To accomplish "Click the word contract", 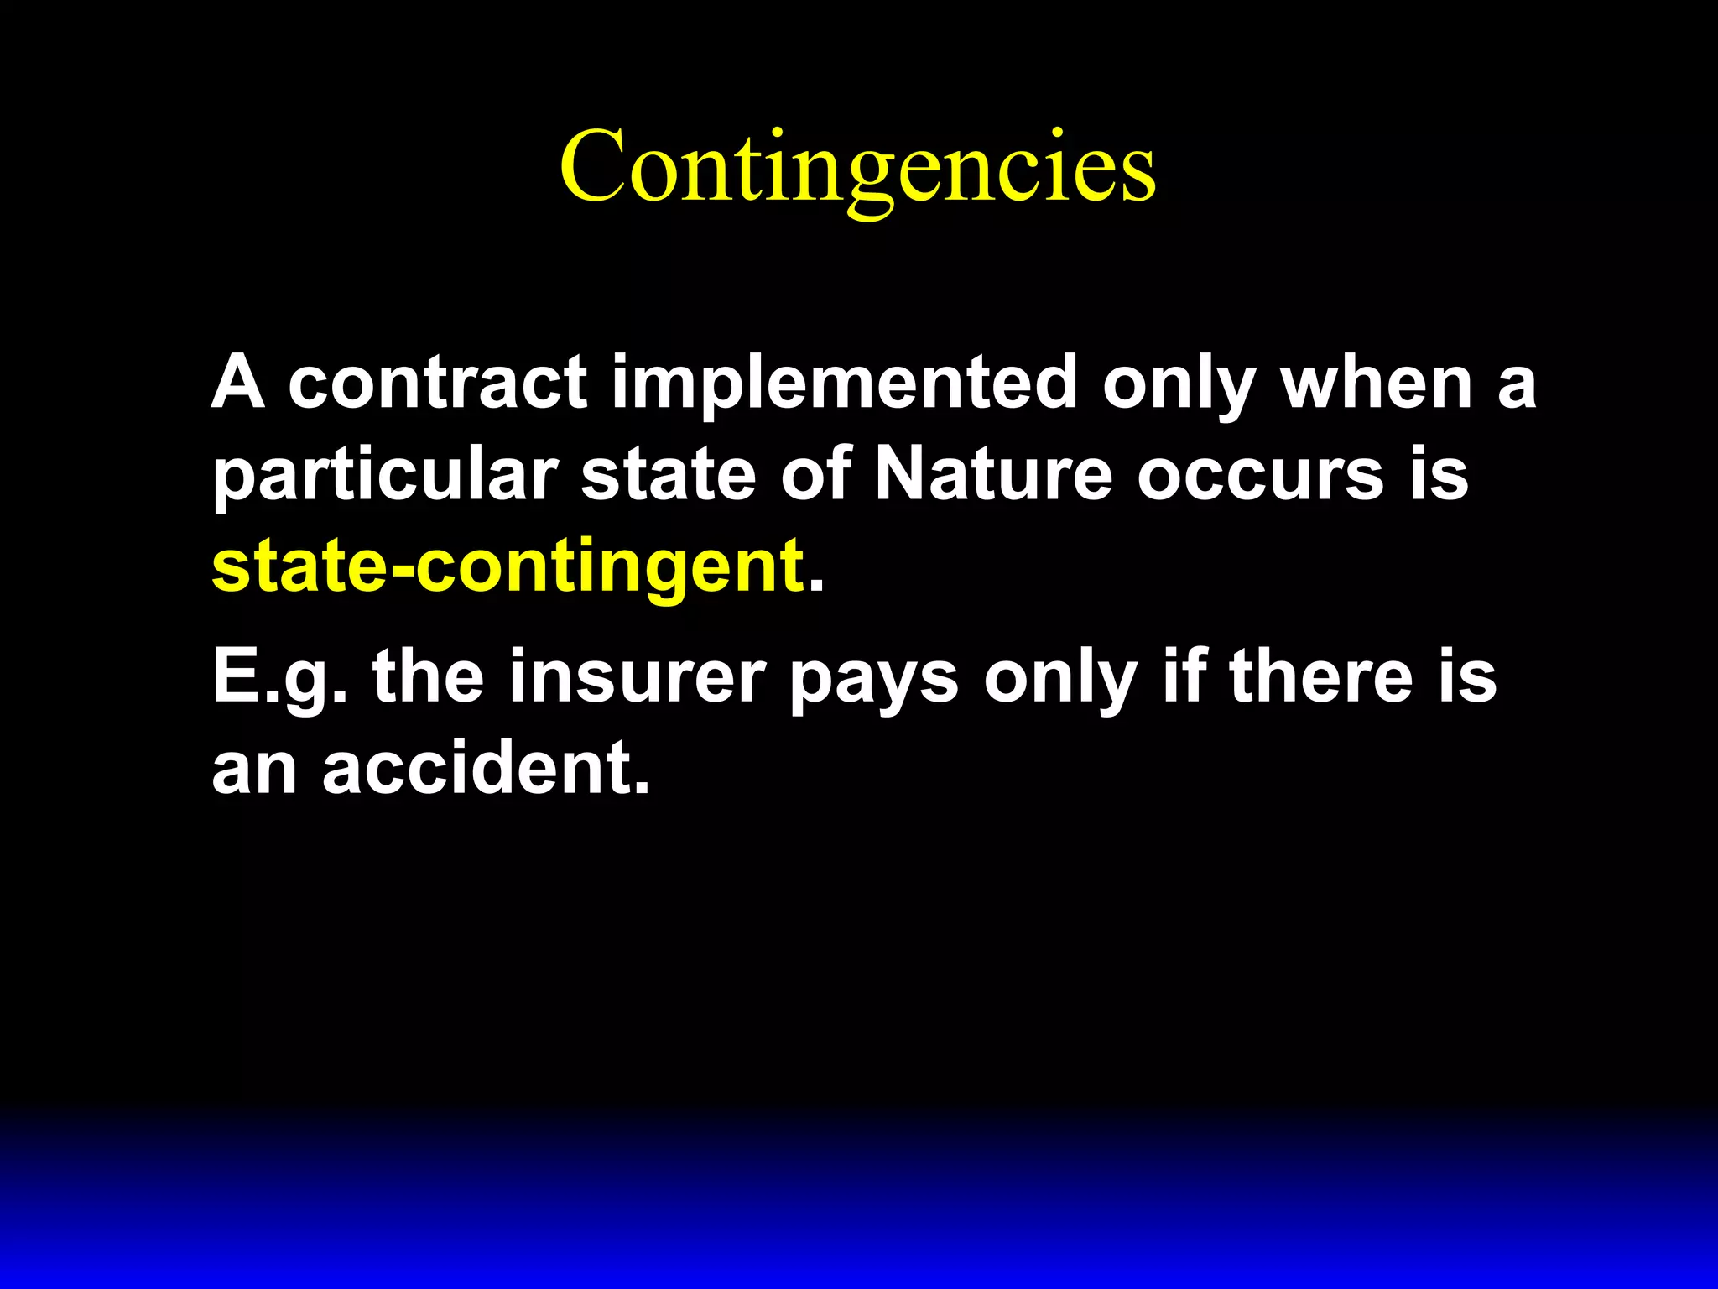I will [437, 383].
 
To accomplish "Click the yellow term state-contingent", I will [508, 567].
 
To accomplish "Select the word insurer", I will [638, 676].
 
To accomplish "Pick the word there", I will [1321, 676].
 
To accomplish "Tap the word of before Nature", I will [816, 475].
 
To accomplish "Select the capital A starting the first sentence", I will [238, 383].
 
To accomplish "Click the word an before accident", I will [254, 769].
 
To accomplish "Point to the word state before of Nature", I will [669, 475].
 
